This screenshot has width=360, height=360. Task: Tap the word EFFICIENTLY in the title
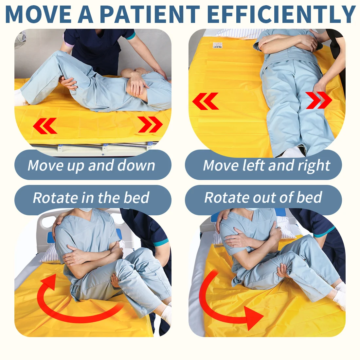[x=281, y=14]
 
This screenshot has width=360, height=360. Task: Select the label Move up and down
[x=91, y=165]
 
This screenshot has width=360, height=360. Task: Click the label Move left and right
[x=266, y=166]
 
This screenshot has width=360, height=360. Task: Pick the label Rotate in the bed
[x=91, y=198]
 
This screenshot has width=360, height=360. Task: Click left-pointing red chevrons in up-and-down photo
[x=45, y=126]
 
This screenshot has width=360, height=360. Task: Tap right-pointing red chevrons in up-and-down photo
[x=150, y=124]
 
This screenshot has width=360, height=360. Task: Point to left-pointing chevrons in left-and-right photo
[x=205, y=101]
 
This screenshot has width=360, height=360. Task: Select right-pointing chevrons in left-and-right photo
[x=319, y=100]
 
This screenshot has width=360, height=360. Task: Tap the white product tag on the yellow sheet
[x=217, y=45]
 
